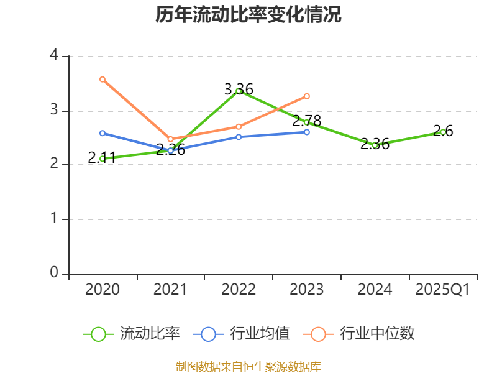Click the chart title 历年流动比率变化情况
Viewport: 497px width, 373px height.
coord(248,15)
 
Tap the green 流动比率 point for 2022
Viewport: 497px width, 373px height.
coord(239,91)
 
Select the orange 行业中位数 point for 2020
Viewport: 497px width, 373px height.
coord(103,79)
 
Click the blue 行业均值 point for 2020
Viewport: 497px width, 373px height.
coord(103,133)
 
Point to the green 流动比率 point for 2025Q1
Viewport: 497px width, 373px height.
coord(443,132)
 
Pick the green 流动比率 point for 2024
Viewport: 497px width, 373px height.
coord(375,145)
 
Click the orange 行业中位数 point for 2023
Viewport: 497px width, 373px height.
coord(307,96)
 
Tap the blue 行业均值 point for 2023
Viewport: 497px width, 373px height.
coord(307,132)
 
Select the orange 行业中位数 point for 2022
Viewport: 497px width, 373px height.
coord(239,126)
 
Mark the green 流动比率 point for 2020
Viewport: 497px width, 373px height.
coord(103,159)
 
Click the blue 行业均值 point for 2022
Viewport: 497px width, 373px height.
coord(239,137)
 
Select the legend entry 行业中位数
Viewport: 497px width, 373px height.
coord(360,334)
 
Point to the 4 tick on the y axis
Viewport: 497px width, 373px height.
coord(54,56)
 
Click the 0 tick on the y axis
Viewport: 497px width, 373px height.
coord(54,274)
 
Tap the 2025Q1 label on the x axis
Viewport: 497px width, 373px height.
coord(443,290)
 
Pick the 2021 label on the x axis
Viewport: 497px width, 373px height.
coord(170,290)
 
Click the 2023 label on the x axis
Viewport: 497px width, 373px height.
coord(307,290)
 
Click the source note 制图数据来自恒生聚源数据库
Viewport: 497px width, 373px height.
coord(248,366)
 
